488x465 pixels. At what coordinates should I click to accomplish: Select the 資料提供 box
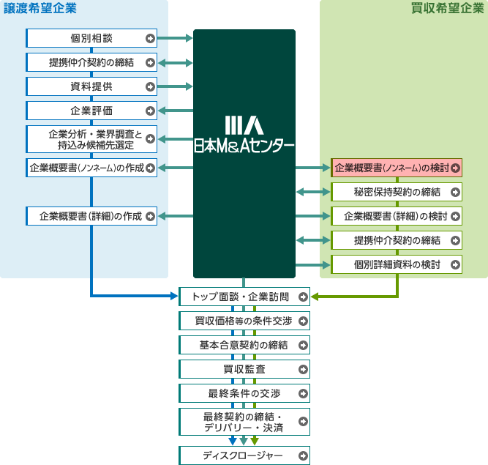[91, 86]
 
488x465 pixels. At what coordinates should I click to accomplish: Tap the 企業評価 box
[91, 111]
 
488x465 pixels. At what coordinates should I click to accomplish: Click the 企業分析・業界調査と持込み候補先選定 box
[91, 139]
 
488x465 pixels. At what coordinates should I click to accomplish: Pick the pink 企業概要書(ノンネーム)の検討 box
[397, 168]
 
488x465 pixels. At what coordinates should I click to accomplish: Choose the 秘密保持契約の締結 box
[397, 192]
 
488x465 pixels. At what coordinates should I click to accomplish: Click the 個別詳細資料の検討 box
[397, 264]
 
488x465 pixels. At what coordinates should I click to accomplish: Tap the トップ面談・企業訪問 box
[244, 297]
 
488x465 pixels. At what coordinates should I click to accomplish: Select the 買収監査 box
[244, 368]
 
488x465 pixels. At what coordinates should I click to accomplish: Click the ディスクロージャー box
[244, 455]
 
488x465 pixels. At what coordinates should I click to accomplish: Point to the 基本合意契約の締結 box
[244, 344]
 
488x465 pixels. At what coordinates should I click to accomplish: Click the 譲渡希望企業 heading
[40, 10]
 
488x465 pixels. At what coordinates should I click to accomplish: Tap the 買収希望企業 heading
[446, 10]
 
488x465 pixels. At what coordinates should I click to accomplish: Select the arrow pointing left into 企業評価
[175, 111]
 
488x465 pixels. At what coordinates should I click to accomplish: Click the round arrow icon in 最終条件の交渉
[302, 393]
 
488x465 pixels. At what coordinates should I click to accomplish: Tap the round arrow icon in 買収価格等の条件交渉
[302, 321]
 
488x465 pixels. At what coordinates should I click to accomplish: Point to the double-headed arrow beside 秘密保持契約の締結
[313, 192]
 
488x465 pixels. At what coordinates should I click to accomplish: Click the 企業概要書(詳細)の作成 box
[91, 216]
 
